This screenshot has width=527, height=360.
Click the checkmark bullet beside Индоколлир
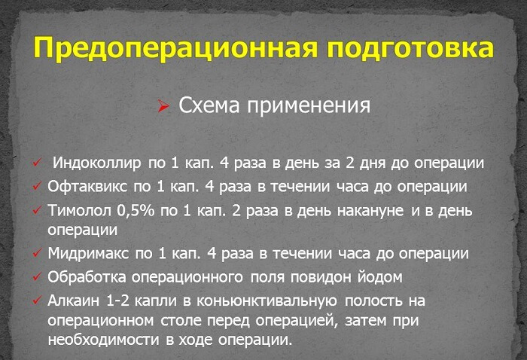[x=37, y=163]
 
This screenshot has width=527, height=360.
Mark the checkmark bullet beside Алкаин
[x=37, y=301]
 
